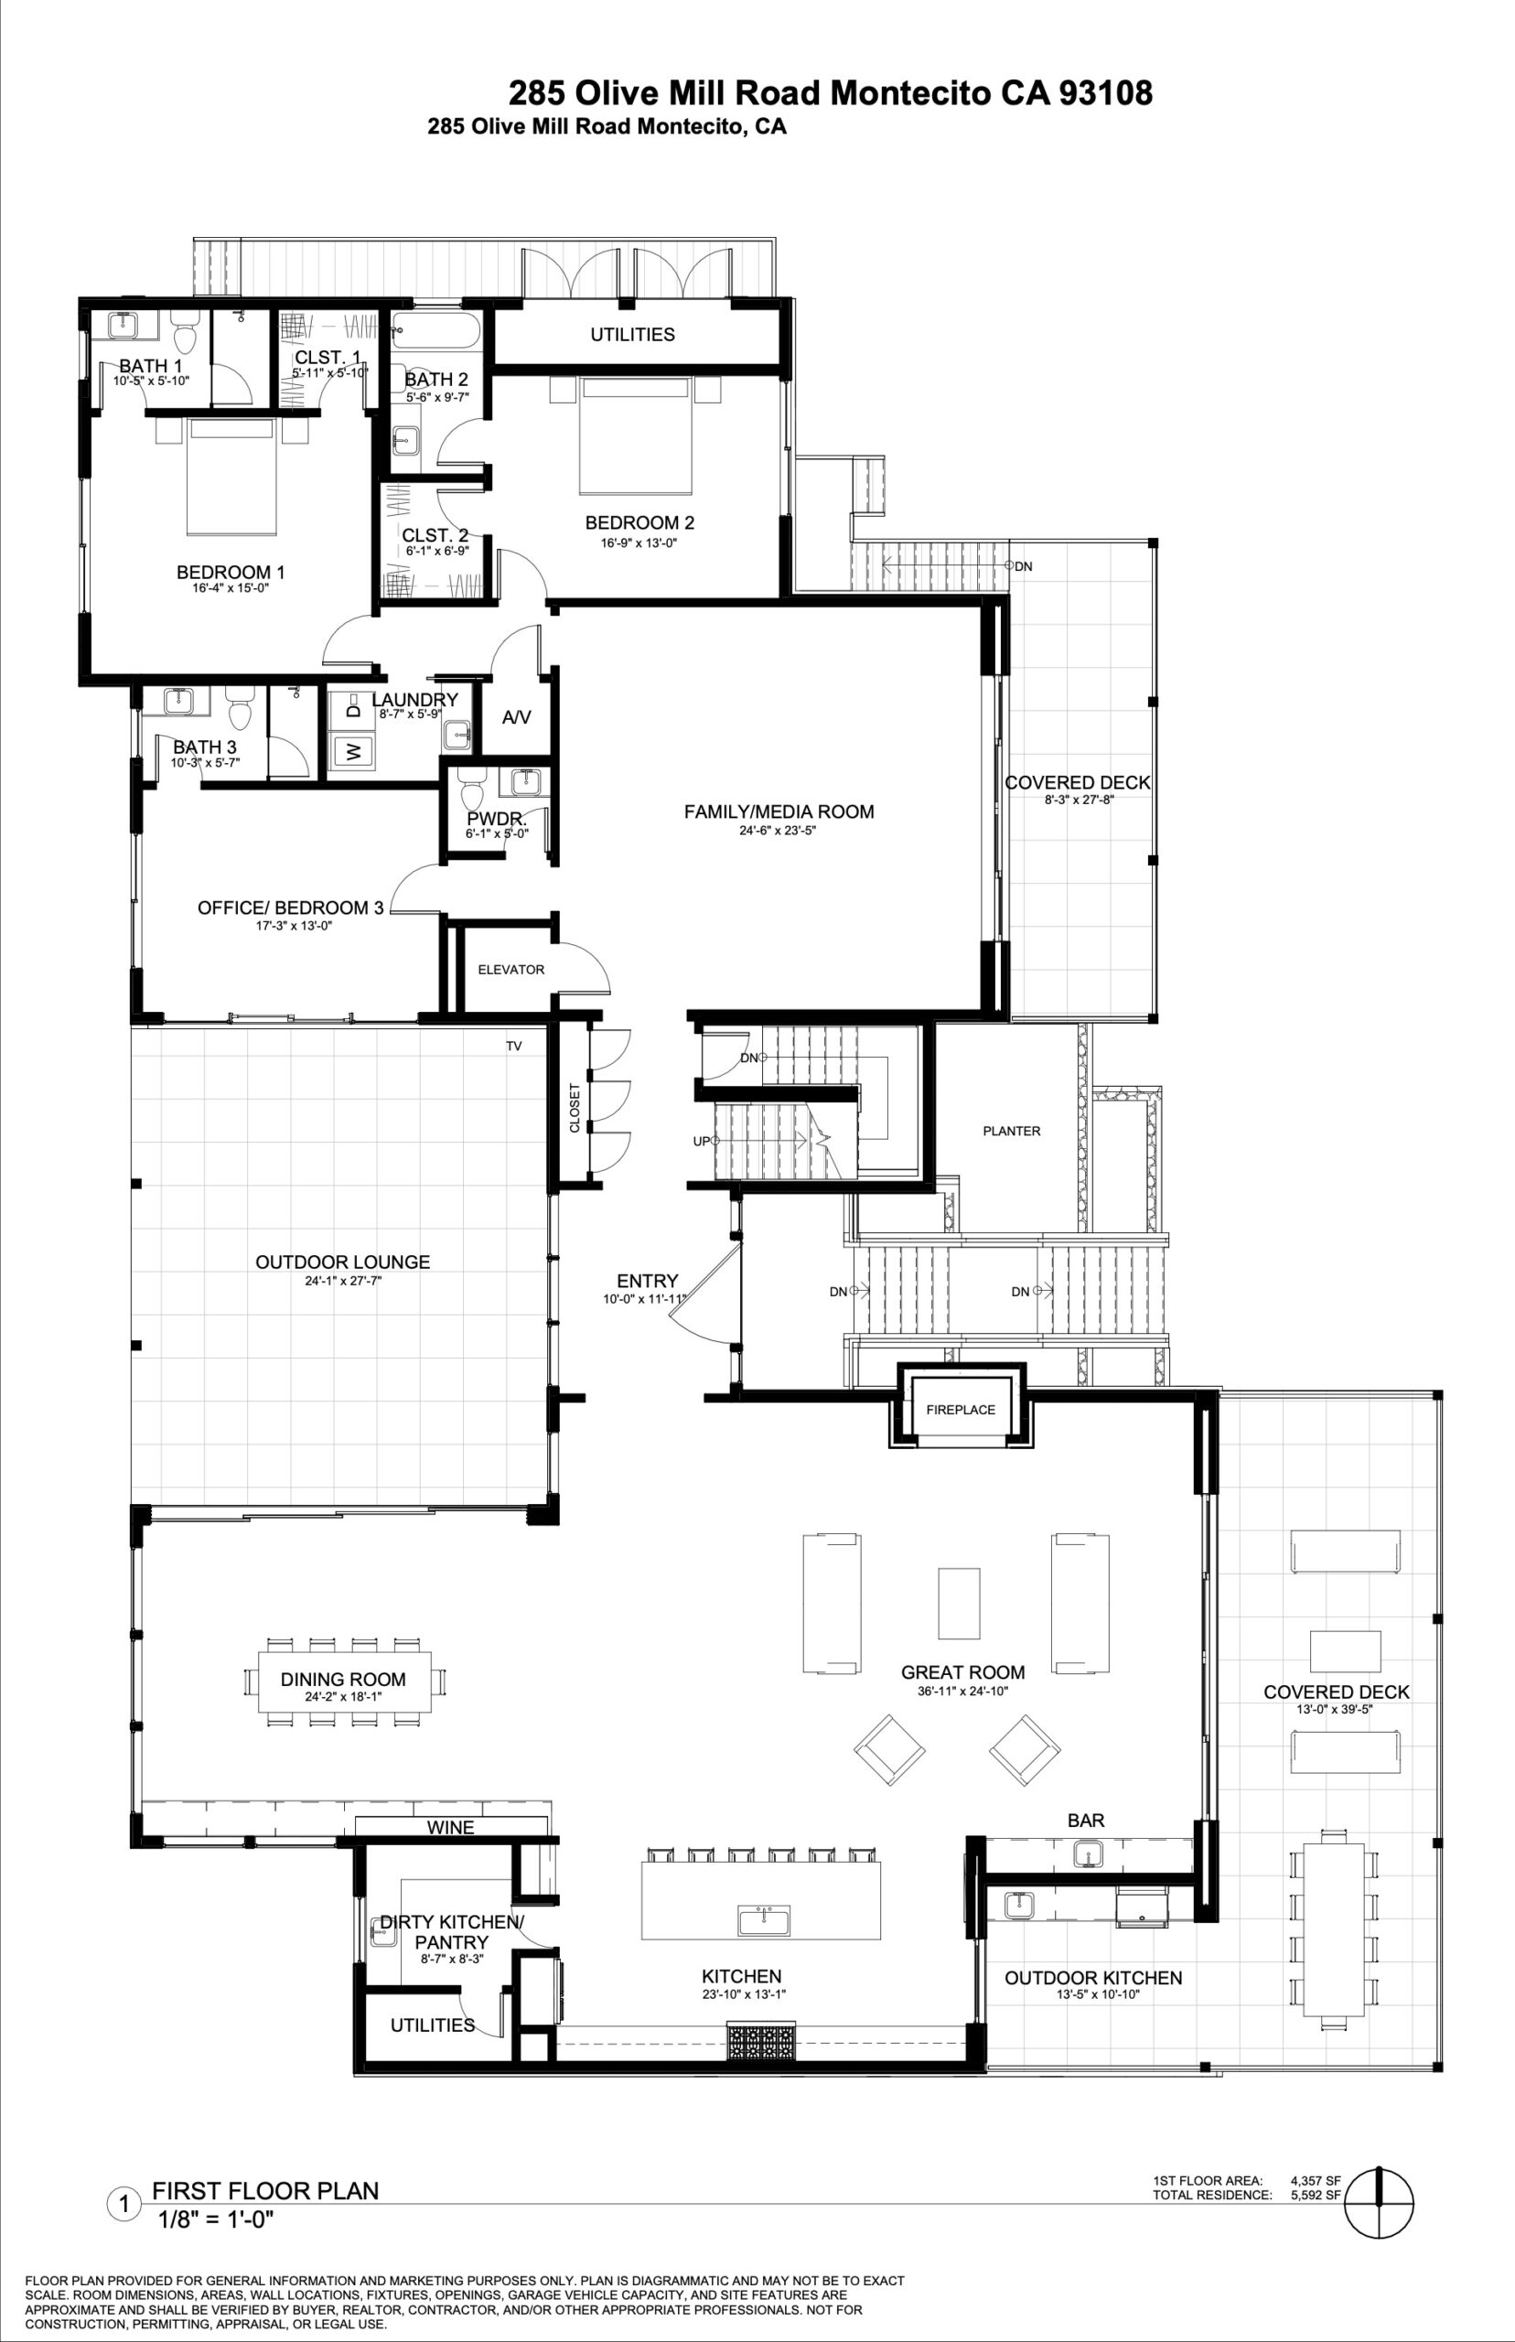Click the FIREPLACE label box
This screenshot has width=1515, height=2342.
(x=961, y=1409)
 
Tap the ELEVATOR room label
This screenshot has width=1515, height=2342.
(x=510, y=969)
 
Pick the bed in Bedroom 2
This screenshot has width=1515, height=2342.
(x=635, y=435)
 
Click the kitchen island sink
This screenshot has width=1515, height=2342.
(x=763, y=1918)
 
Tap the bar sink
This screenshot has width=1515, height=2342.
(x=1087, y=1854)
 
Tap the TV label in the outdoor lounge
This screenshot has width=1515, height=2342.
(x=513, y=1046)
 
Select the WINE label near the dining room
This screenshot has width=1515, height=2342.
(x=450, y=1827)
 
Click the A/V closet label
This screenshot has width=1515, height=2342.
(x=517, y=717)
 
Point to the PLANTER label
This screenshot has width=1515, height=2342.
(x=1011, y=1130)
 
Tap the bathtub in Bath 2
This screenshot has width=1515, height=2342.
(x=435, y=330)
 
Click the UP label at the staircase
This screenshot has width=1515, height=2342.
(x=701, y=1141)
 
